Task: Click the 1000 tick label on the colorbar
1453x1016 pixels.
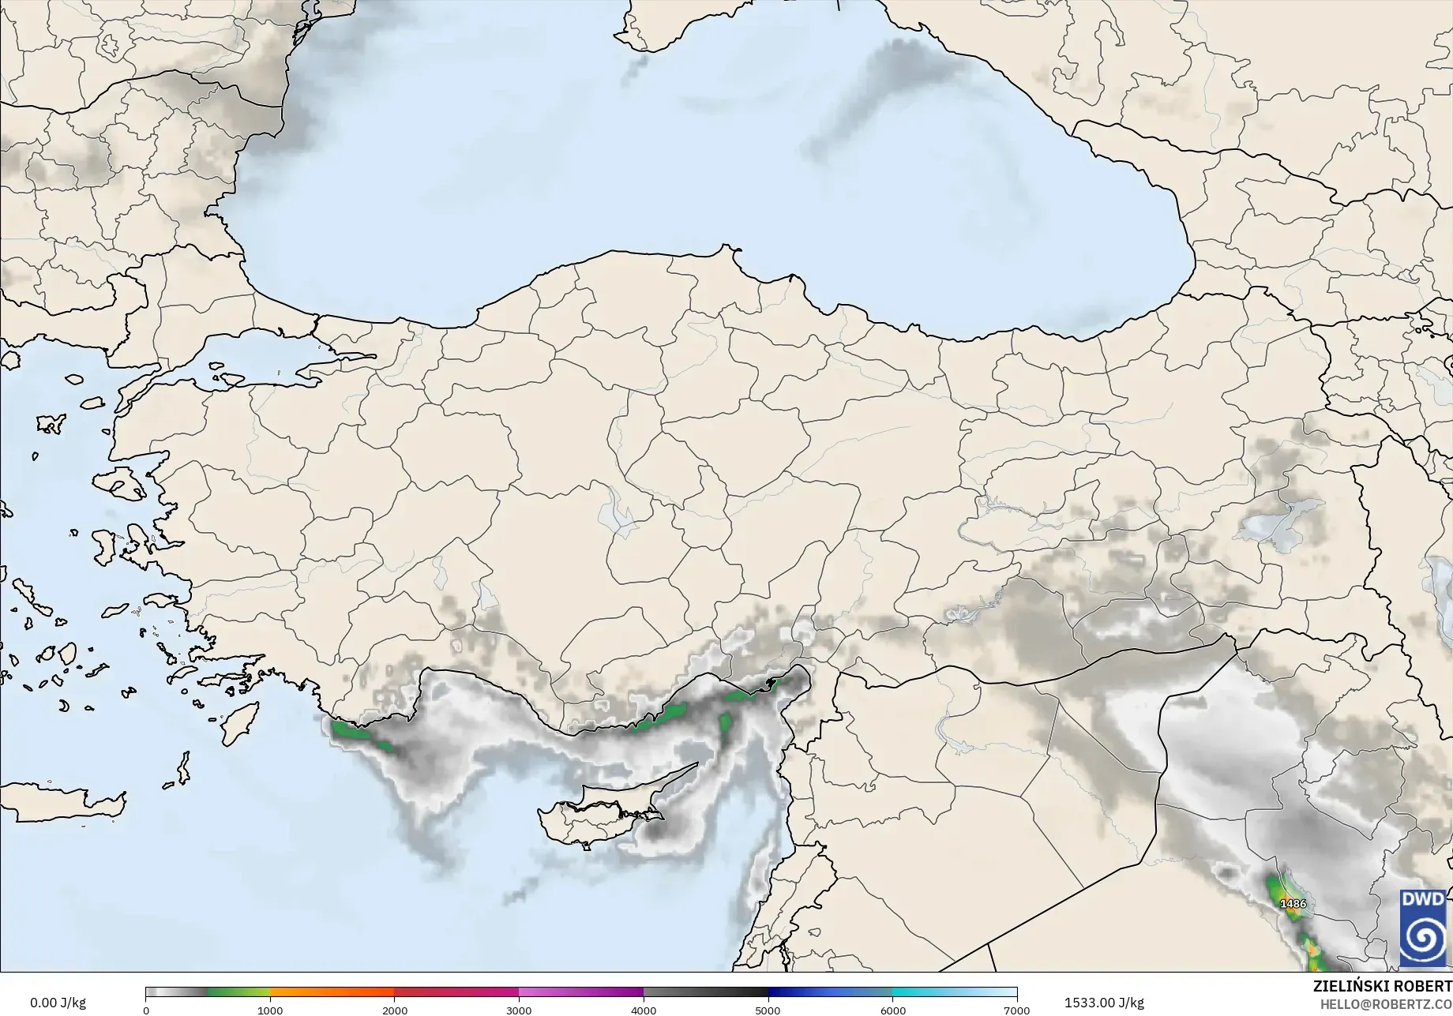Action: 270,1010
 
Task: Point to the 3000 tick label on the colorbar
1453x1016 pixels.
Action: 519,1010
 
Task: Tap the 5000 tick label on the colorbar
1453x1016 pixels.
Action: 768,1010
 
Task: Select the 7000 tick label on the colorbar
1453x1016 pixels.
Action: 1016,1010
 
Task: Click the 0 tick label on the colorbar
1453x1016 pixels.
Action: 146,1010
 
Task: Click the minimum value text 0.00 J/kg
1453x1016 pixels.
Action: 58,1003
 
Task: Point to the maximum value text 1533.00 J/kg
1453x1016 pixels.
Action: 1103,1003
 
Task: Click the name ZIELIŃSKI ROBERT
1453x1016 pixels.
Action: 1382,986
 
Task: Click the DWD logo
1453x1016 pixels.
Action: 1424,928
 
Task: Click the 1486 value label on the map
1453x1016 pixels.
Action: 1293,903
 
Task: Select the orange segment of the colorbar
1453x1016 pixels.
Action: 332,992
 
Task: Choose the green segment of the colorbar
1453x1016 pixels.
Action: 237,992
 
